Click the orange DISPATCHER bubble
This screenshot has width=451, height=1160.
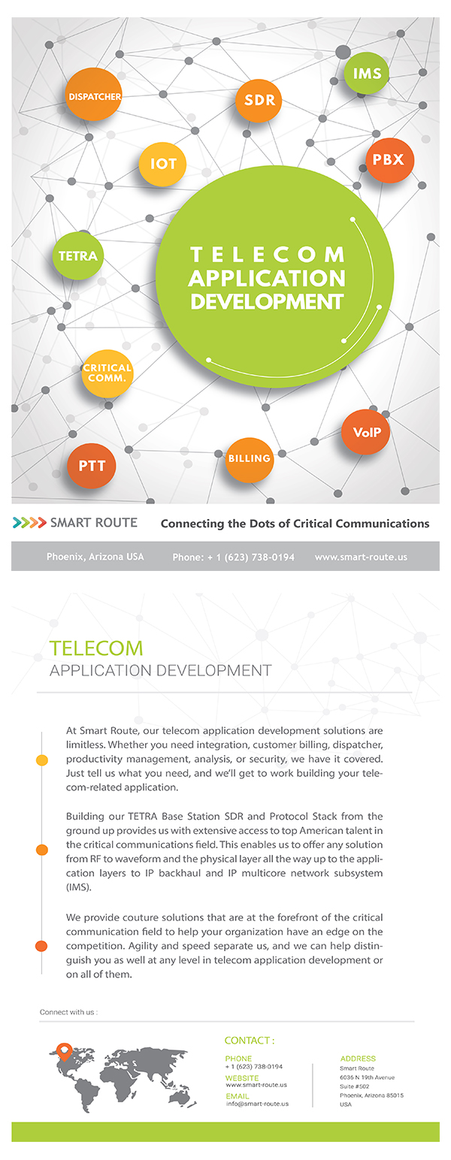pyautogui.click(x=93, y=95)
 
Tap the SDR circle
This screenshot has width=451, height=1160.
pyautogui.click(x=259, y=100)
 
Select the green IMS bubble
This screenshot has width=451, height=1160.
pyautogui.click(x=366, y=74)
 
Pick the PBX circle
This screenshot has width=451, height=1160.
pyautogui.click(x=389, y=160)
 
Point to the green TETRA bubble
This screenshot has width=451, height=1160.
pyautogui.click(x=78, y=255)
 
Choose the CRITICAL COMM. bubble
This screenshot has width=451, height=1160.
pyautogui.click(x=107, y=373)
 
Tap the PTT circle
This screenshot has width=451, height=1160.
pyautogui.click(x=92, y=466)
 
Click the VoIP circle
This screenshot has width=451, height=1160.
pyautogui.click(x=366, y=432)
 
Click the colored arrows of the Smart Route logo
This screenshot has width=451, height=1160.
pyautogui.click(x=29, y=523)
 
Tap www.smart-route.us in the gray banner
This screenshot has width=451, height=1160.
pyautogui.click(x=361, y=557)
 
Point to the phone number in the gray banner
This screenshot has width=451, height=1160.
pyautogui.click(x=234, y=557)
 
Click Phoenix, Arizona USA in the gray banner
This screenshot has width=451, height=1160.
pyautogui.click(x=95, y=557)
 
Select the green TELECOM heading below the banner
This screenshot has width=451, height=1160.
pyautogui.click(x=96, y=648)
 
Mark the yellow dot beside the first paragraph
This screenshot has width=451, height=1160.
pyautogui.click(x=42, y=761)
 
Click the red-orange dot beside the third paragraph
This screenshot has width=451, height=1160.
pyautogui.click(x=42, y=946)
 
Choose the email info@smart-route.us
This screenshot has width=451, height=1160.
pyautogui.click(x=257, y=1104)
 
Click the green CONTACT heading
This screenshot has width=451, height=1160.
pyautogui.click(x=250, y=1041)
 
